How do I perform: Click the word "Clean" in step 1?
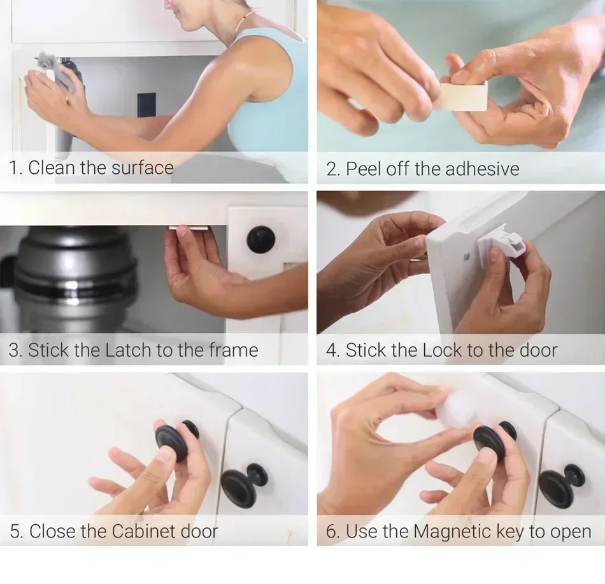point(52,167)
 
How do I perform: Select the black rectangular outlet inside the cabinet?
point(146,106)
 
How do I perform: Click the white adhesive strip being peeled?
point(466,96)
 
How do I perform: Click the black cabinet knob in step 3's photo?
point(261,239)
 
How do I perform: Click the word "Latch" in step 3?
point(129,350)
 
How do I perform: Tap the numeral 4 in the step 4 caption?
point(331,350)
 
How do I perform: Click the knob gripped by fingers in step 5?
point(174,439)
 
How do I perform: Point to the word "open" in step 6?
point(568,532)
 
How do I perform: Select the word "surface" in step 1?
point(142,167)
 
